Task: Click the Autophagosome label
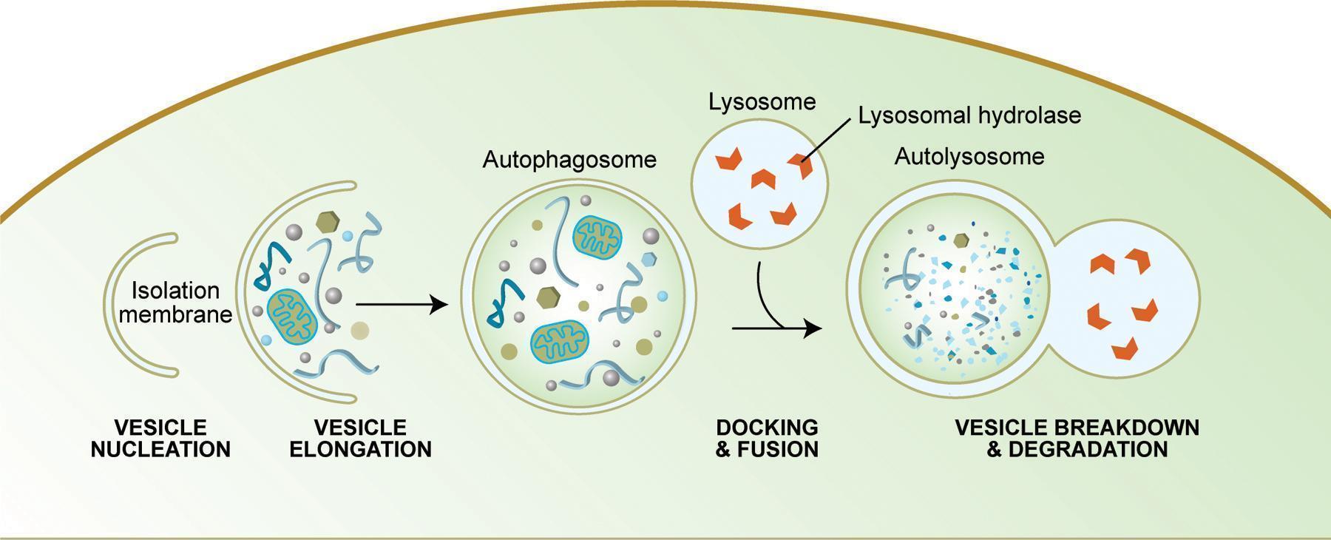point(569,161)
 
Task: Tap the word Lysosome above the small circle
point(762,102)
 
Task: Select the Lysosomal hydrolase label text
point(969,116)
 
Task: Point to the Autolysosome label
point(969,157)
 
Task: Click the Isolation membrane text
point(175,303)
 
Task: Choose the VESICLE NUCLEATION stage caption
point(160,439)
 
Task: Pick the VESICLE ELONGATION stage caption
point(360,439)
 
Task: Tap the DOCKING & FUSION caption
point(767,439)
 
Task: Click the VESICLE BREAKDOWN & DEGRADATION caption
point(1077,439)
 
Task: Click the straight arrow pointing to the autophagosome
point(402,304)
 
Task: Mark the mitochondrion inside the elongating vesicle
point(293,316)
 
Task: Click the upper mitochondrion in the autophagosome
point(597,237)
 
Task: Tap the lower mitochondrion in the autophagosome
point(560,342)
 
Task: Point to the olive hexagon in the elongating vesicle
point(327,221)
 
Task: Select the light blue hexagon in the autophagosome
point(649,259)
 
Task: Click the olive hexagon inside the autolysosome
point(961,240)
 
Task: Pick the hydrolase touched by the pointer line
point(800,164)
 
